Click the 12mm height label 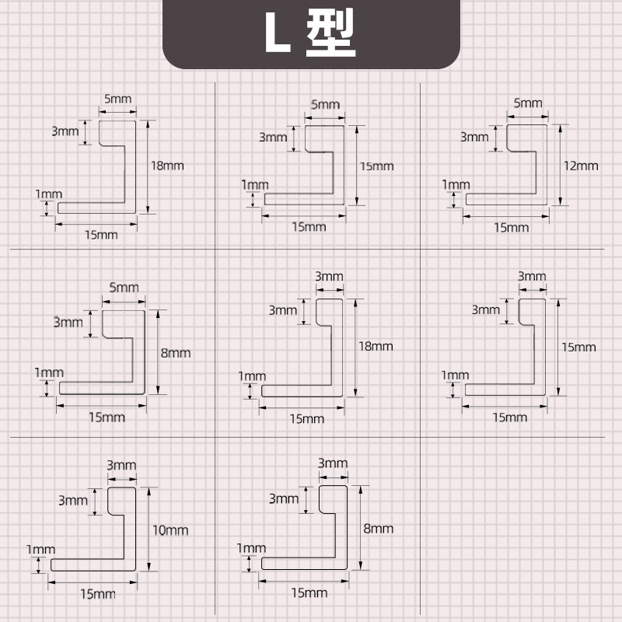[x=581, y=165]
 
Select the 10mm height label [x=170, y=530]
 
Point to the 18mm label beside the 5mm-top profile [x=167, y=165]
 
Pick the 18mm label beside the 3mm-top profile [x=376, y=346]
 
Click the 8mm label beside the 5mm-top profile [x=175, y=352]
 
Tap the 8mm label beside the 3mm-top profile [x=378, y=529]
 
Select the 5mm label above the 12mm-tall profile [x=528, y=103]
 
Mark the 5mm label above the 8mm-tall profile [x=124, y=288]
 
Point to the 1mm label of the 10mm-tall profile [x=37, y=549]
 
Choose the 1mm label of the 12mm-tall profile [x=456, y=184]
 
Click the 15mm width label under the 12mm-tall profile [x=511, y=227]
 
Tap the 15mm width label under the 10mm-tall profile [x=97, y=594]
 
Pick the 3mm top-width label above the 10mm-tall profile [x=121, y=465]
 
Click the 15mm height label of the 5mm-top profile [x=376, y=166]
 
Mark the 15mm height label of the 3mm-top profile [x=579, y=347]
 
